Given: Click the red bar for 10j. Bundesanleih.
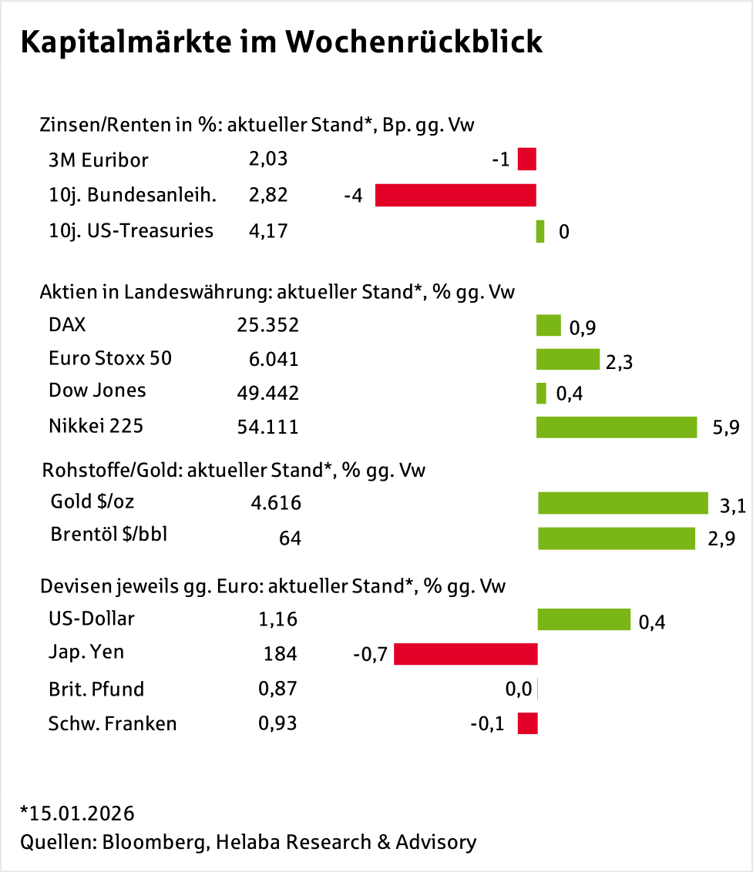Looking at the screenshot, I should [x=455, y=196].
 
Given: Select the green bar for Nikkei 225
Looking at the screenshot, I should [x=616, y=428].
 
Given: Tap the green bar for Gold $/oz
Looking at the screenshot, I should [x=623, y=503].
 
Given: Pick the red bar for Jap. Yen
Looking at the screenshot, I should [x=466, y=655].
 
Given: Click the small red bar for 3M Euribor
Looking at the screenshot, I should [x=526, y=159].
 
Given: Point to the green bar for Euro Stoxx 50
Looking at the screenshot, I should [x=567, y=360].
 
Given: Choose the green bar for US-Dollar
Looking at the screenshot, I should [x=583, y=619].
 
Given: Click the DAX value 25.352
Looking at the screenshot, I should [x=267, y=326].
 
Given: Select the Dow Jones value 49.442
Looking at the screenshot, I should [x=267, y=393].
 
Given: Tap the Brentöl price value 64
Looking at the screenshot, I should [x=290, y=538].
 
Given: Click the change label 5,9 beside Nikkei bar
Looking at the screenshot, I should [x=727, y=428].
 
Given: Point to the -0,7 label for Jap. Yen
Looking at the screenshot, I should [x=370, y=656].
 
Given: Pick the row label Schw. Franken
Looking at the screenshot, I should [x=113, y=723].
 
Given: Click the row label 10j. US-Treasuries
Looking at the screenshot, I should [x=131, y=230].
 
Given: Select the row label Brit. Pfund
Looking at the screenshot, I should [x=96, y=689].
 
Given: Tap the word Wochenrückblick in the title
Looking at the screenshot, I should [x=414, y=43].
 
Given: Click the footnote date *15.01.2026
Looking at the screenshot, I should [x=77, y=813].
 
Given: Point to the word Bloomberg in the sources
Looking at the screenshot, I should [x=153, y=842].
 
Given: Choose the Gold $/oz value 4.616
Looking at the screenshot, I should [x=276, y=504].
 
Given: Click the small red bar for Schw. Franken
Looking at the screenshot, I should [x=527, y=723].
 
